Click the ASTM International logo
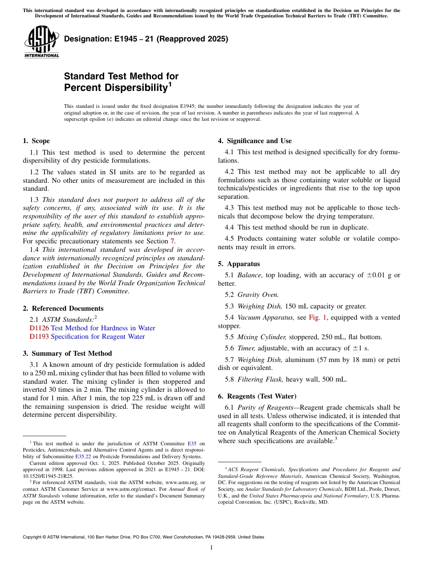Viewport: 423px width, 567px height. point(41,42)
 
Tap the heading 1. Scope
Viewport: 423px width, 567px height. point(36,141)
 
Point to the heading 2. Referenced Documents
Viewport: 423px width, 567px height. point(63,308)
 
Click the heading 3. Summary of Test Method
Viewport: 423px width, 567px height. point(67,353)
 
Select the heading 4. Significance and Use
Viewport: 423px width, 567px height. point(255,141)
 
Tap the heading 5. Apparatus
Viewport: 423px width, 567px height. point(239,264)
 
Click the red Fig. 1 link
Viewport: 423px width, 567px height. point(317,317)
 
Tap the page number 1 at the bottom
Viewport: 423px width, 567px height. point(211,547)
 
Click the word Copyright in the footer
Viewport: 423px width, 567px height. point(33,537)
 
